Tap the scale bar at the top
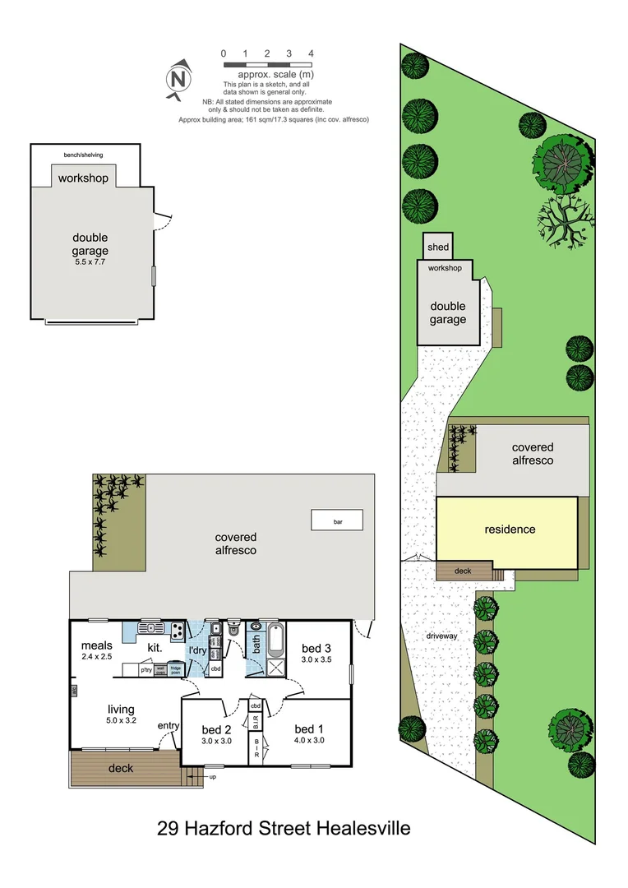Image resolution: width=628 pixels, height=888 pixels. click(x=267, y=62)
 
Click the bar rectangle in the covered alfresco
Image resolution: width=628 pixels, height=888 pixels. click(x=337, y=521)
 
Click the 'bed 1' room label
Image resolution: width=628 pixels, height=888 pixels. click(x=308, y=728)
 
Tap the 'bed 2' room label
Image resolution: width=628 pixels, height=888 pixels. click(x=216, y=728)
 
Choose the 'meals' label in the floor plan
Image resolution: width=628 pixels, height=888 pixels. click(x=97, y=645)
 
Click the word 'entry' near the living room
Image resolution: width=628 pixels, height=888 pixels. click(x=169, y=724)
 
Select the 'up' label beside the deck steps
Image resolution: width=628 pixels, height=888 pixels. click(x=211, y=776)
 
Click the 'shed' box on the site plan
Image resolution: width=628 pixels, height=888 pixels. click(x=437, y=247)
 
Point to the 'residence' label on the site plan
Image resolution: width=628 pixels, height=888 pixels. click(x=510, y=530)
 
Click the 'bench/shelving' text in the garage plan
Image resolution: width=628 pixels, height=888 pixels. click(x=84, y=155)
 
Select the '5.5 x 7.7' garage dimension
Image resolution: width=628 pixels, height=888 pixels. click(x=90, y=261)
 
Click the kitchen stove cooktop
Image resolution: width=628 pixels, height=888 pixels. click(x=177, y=631)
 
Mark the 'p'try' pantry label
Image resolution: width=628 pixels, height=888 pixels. click(x=146, y=670)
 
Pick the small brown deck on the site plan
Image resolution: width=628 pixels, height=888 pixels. click(x=463, y=571)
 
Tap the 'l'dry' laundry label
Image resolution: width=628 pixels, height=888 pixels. click(x=198, y=651)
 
